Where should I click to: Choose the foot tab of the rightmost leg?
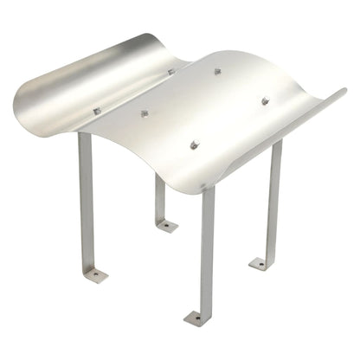point(260,263)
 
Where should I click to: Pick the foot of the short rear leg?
point(167,226)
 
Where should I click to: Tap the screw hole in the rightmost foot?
point(257,264)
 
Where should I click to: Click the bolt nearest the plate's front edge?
point(194,145)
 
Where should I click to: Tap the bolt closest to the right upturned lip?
point(265,100)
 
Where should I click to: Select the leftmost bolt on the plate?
point(97,111)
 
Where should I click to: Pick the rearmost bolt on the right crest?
point(217,71)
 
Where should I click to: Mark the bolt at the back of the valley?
point(171,72)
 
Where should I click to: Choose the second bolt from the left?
point(145,113)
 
